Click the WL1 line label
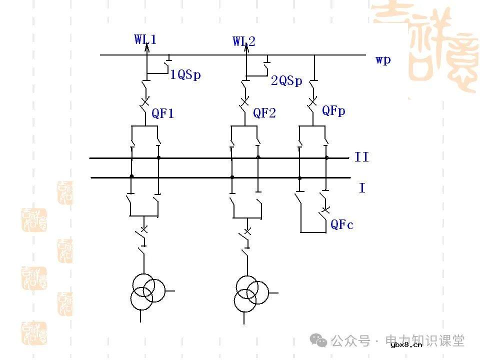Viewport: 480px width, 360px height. click(145, 39)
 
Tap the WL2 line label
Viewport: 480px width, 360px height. click(244, 41)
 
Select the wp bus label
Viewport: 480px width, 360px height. click(383, 60)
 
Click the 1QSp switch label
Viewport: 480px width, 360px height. click(185, 75)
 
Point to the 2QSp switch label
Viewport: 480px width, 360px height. click(286, 81)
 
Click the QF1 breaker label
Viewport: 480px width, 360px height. click(163, 113)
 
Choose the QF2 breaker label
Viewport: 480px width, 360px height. click(264, 113)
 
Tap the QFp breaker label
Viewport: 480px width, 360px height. click(333, 110)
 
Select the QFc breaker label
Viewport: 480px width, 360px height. click(342, 225)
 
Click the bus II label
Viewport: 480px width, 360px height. click(361, 157)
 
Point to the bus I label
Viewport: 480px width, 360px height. click(362, 188)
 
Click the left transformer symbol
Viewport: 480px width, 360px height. click(147, 293)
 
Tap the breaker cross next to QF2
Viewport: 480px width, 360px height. click(244, 102)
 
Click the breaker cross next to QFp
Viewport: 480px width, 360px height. click(313, 101)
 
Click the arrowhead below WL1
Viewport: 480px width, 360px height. click(147, 45)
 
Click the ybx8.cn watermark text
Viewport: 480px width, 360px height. click(406, 344)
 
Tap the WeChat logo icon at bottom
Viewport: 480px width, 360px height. click(318, 340)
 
